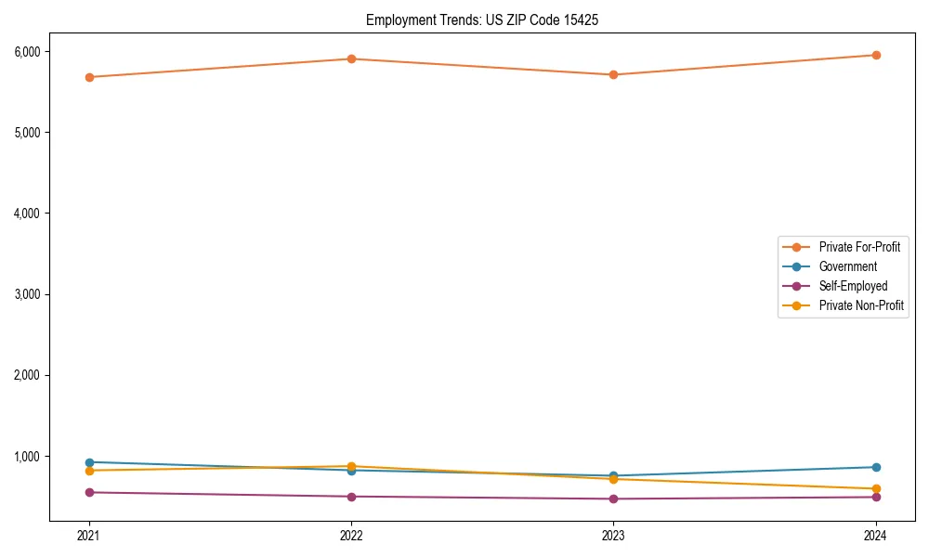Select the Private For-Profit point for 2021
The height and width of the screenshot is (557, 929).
coord(89,77)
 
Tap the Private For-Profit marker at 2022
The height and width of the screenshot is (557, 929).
coord(351,58)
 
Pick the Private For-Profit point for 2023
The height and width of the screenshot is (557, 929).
coord(613,74)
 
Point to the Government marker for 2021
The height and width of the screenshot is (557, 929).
coord(89,462)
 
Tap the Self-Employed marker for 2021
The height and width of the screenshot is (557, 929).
coord(89,492)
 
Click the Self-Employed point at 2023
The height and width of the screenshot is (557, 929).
coord(613,499)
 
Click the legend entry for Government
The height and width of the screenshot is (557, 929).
coord(847,266)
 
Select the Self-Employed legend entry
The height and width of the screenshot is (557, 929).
coord(853,286)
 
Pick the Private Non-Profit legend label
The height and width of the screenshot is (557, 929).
coord(861,305)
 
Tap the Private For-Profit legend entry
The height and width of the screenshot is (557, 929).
coord(859,247)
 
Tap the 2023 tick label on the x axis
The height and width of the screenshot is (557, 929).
coord(613,535)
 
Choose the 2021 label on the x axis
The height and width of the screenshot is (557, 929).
coord(89,535)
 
